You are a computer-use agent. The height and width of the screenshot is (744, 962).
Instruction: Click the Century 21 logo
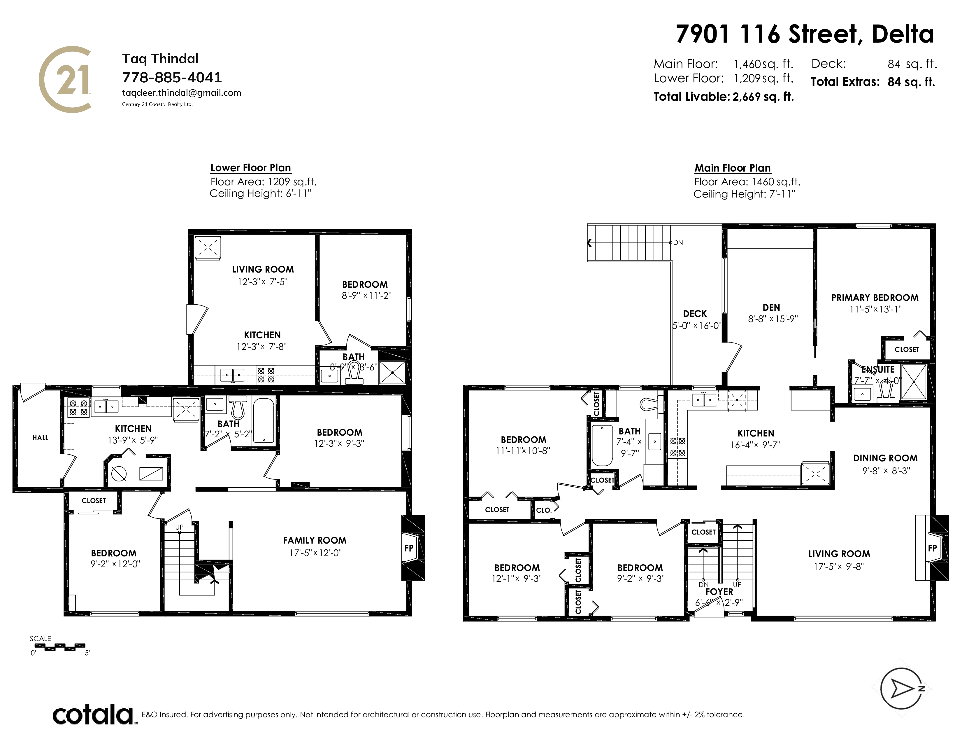click(65, 79)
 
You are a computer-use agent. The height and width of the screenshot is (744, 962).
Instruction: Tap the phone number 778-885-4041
click(172, 78)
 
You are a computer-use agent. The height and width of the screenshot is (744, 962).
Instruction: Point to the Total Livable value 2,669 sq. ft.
click(763, 97)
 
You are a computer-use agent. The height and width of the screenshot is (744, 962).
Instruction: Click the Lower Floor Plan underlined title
click(251, 168)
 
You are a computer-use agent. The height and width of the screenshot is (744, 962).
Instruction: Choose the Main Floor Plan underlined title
click(733, 168)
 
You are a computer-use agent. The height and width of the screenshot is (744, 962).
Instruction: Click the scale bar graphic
click(60, 647)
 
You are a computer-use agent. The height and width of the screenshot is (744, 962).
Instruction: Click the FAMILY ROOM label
click(315, 540)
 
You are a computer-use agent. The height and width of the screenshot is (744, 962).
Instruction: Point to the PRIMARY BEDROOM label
click(875, 298)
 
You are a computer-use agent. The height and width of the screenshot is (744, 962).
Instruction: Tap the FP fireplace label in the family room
click(409, 548)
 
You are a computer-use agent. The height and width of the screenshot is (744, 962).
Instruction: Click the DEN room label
click(771, 308)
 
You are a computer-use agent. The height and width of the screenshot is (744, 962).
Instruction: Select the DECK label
click(695, 314)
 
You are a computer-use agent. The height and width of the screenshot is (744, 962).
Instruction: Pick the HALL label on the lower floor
click(40, 438)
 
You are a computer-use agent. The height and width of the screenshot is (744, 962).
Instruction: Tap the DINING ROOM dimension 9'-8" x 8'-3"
click(886, 471)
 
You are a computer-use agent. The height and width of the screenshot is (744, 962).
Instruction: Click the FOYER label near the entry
click(719, 591)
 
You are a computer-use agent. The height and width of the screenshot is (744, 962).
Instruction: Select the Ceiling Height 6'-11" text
click(260, 193)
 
